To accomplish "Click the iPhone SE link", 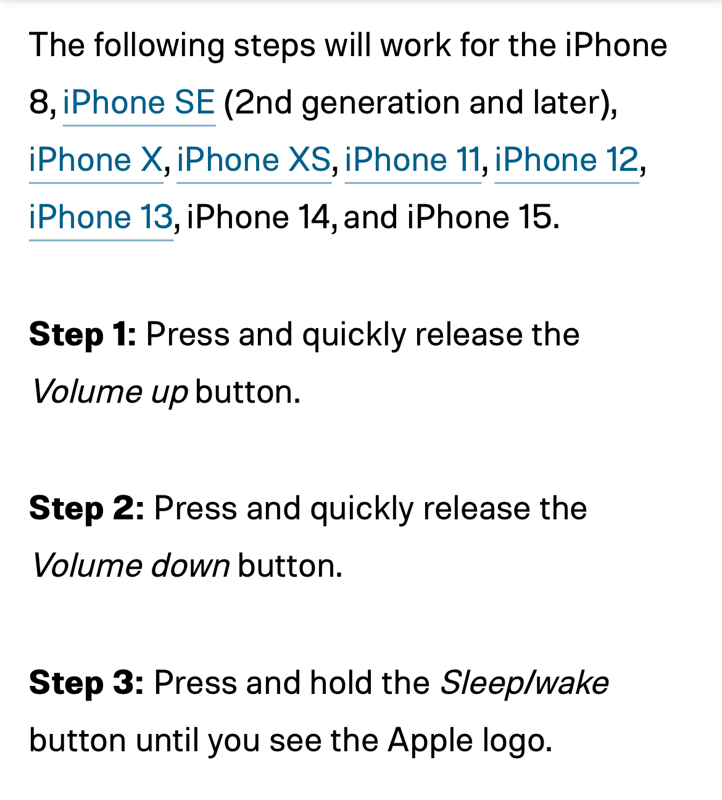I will [x=139, y=102].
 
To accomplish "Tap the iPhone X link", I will [x=96, y=160].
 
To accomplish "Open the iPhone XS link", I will [x=254, y=160].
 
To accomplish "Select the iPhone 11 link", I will [x=412, y=160].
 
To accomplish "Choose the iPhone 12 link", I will [x=566, y=160].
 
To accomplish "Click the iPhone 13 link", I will [x=101, y=217].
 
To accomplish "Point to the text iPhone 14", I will [x=259, y=217].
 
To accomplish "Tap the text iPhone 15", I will [x=482, y=217].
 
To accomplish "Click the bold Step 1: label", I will [x=83, y=335].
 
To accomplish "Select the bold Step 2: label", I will [x=86, y=509].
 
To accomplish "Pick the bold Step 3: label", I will [x=86, y=683].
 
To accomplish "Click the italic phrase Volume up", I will [x=110, y=392].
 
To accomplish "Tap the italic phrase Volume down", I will [x=131, y=566].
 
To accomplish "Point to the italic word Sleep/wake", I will [x=524, y=683].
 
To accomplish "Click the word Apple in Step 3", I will [x=429, y=740].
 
